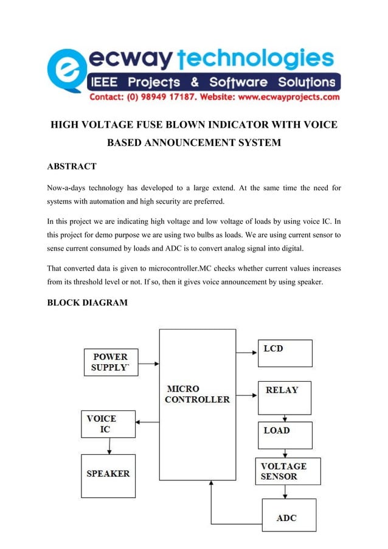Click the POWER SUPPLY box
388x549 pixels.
tap(111, 362)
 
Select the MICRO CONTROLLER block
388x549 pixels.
tap(197, 404)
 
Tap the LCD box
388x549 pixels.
tap(285, 353)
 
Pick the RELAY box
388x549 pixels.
tap(285, 398)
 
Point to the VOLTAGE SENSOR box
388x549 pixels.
tap(288, 471)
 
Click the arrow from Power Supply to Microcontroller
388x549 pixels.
tap(148, 364)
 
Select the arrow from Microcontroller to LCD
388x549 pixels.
tap(246, 351)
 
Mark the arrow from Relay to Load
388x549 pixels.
tap(285, 418)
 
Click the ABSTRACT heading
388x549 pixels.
tap(72, 166)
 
